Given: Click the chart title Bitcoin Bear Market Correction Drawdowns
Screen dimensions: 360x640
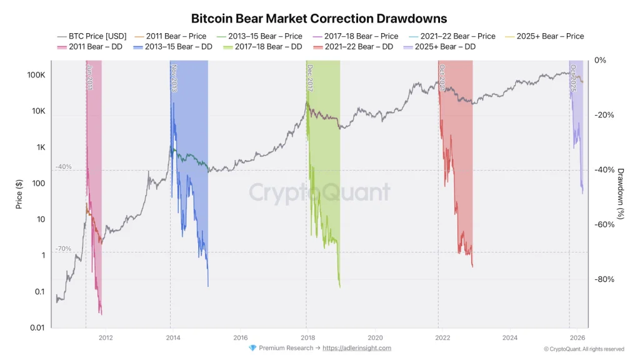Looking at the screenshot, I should coord(319,19).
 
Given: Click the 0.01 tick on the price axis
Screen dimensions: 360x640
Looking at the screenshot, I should coord(37,327).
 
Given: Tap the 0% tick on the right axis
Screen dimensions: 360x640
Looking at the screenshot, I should coord(601,60).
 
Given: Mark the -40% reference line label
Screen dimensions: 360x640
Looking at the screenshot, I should coord(64,167).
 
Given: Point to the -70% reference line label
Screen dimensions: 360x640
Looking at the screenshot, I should coord(64,249).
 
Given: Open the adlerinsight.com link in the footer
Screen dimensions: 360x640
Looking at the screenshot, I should coord(357,348).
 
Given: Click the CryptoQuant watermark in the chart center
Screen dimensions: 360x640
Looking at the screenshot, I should coord(319,192).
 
